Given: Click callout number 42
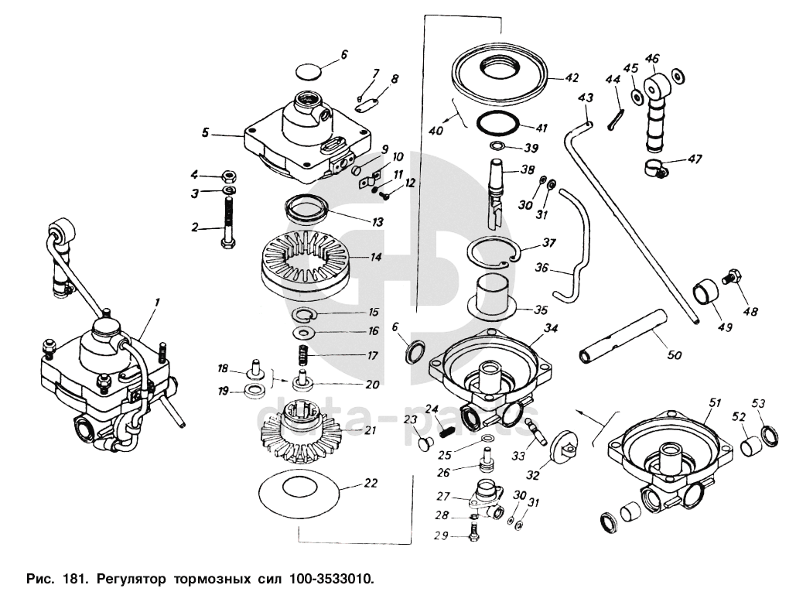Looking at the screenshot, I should point(572,77).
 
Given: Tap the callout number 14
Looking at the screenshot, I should point(376,256).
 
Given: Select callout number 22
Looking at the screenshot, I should point(371,484).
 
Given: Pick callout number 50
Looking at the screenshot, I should point(674,356).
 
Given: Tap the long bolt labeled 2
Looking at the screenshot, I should point(229,224).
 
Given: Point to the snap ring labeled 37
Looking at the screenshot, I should point(493,253).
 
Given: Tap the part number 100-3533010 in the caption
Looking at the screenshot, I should point(332,578).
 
